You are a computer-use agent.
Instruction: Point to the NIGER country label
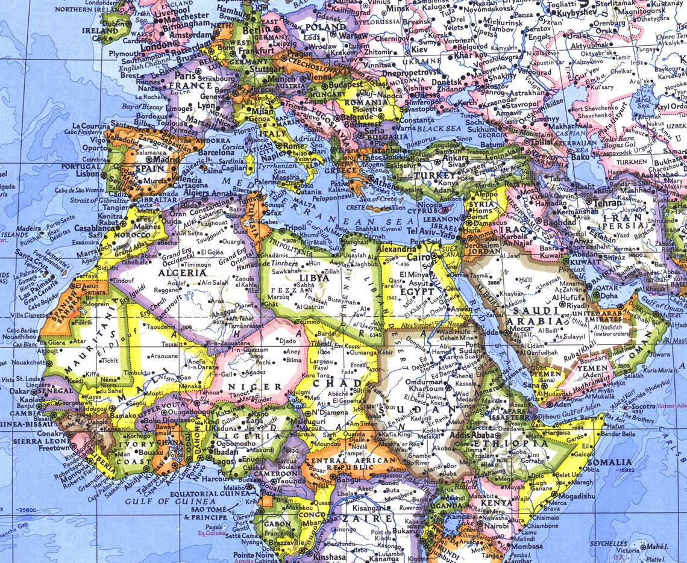tap(261, 387)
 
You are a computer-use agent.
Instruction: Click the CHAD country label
tap(346, 383)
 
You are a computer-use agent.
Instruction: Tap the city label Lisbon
tap(88, 173)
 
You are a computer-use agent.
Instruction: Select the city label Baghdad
tap(560, 222)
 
